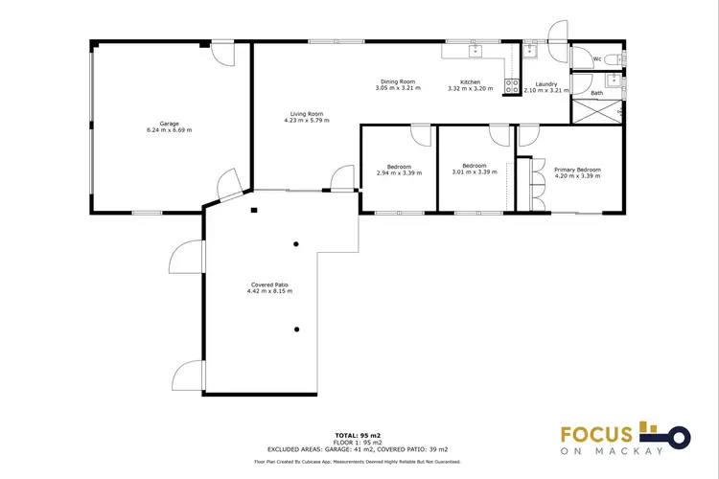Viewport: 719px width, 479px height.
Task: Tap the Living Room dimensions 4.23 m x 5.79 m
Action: tap(306, 121)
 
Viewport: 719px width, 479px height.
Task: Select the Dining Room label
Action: tap(397, 82)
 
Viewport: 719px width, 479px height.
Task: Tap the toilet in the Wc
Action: tap(618, 58)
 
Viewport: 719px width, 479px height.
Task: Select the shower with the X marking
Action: tap(596, 109)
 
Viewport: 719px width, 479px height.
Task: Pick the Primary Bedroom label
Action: tap(577, 169)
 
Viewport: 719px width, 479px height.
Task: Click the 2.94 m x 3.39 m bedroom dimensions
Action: tap(398, 176)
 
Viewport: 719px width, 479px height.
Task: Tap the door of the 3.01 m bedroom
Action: tap(499, 136)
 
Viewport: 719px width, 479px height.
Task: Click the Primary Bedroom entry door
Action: tap(527, 137)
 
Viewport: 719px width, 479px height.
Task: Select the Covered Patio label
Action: tap(268, 285)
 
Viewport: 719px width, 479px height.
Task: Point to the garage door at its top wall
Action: tap(222, 53)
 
